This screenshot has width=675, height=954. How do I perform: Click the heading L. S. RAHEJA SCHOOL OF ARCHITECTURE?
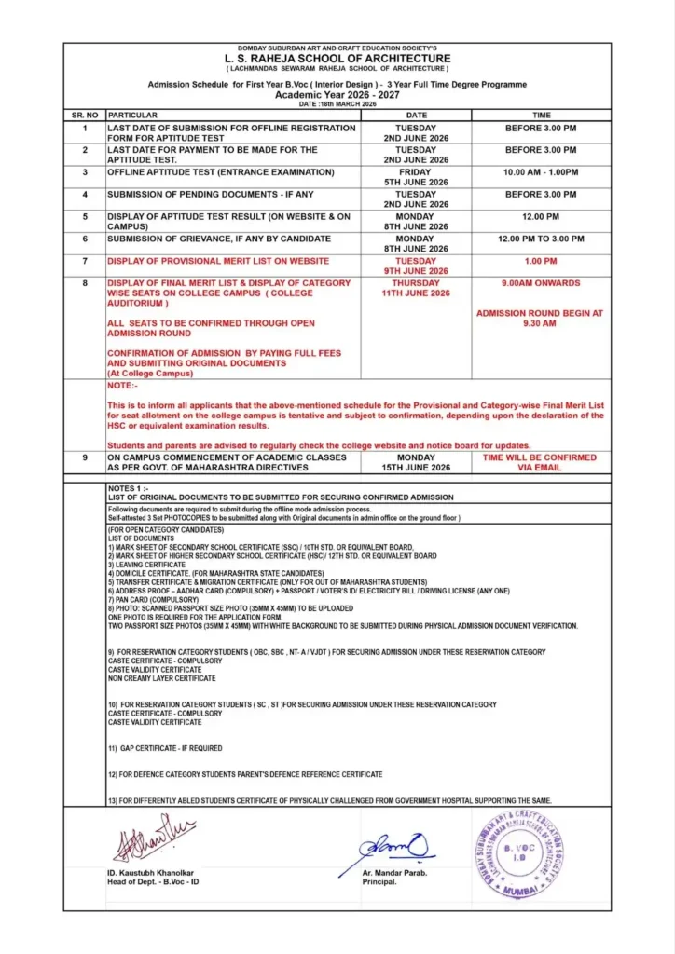pyautogui.click(x=337, y=59)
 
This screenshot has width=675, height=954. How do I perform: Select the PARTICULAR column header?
pyautogui.click(x=132, y=115)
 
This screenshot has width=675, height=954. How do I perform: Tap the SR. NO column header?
pyautogui.click(x=84, y=115)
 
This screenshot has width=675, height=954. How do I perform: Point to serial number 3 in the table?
pyautogui.click(x=84, y=172)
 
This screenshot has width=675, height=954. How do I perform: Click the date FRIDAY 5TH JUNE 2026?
pyautogui.click(x=415, y=177)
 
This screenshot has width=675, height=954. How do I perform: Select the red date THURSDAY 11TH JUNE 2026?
pyautogui.click(x=415, y=288)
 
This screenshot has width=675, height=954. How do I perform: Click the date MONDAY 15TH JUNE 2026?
pyautogui.click(x=415, y=462)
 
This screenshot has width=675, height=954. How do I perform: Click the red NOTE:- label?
pyautogui.click(x=121, y=385)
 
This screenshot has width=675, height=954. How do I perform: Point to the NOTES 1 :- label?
pyautogui.click(x=128, y=488)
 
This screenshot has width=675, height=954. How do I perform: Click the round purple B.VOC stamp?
pyautogui.click(x=518, y=853)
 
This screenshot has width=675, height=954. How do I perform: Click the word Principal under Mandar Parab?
pyautogui.click(x=379, y=881)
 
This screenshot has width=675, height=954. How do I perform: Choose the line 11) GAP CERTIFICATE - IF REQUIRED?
pyautogui.click(x=165, y=748)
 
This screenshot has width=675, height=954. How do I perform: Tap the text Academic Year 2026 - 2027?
pyautogui.click(x=337, y=94)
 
